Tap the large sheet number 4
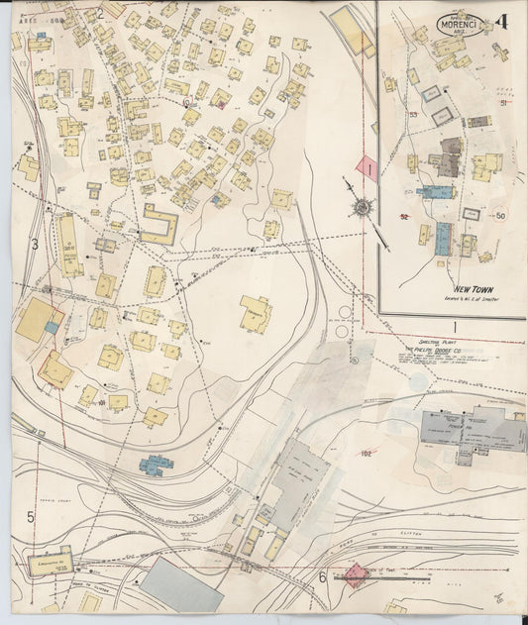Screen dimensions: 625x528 [x=504, y=21]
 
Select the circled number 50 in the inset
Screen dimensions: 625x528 [x=500, y=215]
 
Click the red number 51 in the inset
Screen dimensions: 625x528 [x=503, y=103]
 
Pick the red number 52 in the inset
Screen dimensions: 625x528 [x=404, y=216]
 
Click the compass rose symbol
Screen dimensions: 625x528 [x=363, y=206]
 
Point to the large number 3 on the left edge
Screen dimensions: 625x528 [x=34, y=244]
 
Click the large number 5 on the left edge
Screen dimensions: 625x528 [x=30, y=517]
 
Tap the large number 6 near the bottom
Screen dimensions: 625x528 [x=322, y=577]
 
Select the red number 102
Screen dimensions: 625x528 [x=366, y=455]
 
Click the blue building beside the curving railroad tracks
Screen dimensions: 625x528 [x=156, y=464]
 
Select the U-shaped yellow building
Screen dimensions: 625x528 [x=159, y=225]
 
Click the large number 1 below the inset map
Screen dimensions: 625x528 [x=455, y=326]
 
